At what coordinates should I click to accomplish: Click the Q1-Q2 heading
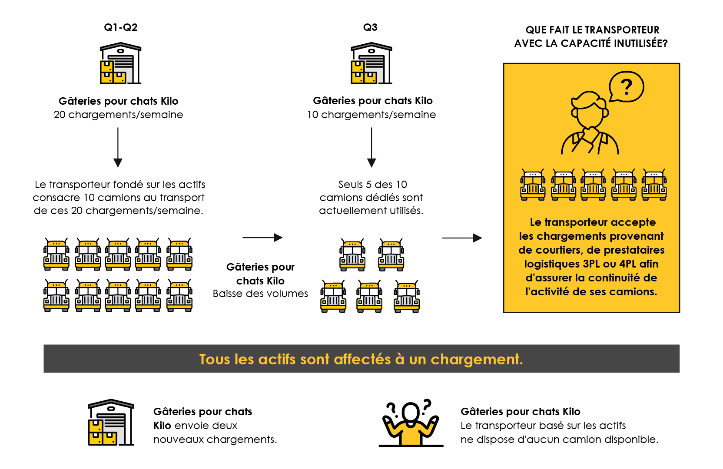[x=120, y=27]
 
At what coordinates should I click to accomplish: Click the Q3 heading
[x=370, y=27]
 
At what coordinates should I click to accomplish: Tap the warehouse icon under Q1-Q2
[x=120, y=63]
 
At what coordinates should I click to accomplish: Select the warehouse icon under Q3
[x=371, y=63]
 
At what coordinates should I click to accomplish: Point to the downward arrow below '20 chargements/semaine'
[x=118, y=147]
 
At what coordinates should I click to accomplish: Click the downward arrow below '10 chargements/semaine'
[x=371, y=147]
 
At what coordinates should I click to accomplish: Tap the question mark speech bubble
[x=626, y=87]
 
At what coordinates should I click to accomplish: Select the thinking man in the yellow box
[x=590, y=124]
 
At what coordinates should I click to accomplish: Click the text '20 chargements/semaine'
[x=118, y=115]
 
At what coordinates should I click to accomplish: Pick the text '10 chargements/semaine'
[x=371, y=115]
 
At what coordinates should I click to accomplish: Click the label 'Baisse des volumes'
[x=260, y=294]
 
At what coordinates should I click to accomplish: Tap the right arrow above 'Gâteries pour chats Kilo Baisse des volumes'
[x=262, y=238]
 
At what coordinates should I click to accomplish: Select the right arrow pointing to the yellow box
[x=462, y=238]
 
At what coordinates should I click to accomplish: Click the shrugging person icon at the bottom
[x=411, y=423]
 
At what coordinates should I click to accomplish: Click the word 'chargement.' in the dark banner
[x=477, y=360]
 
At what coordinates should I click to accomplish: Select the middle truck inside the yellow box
[x=594, y=185]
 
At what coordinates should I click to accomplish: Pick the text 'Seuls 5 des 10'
[x=372, y=185]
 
